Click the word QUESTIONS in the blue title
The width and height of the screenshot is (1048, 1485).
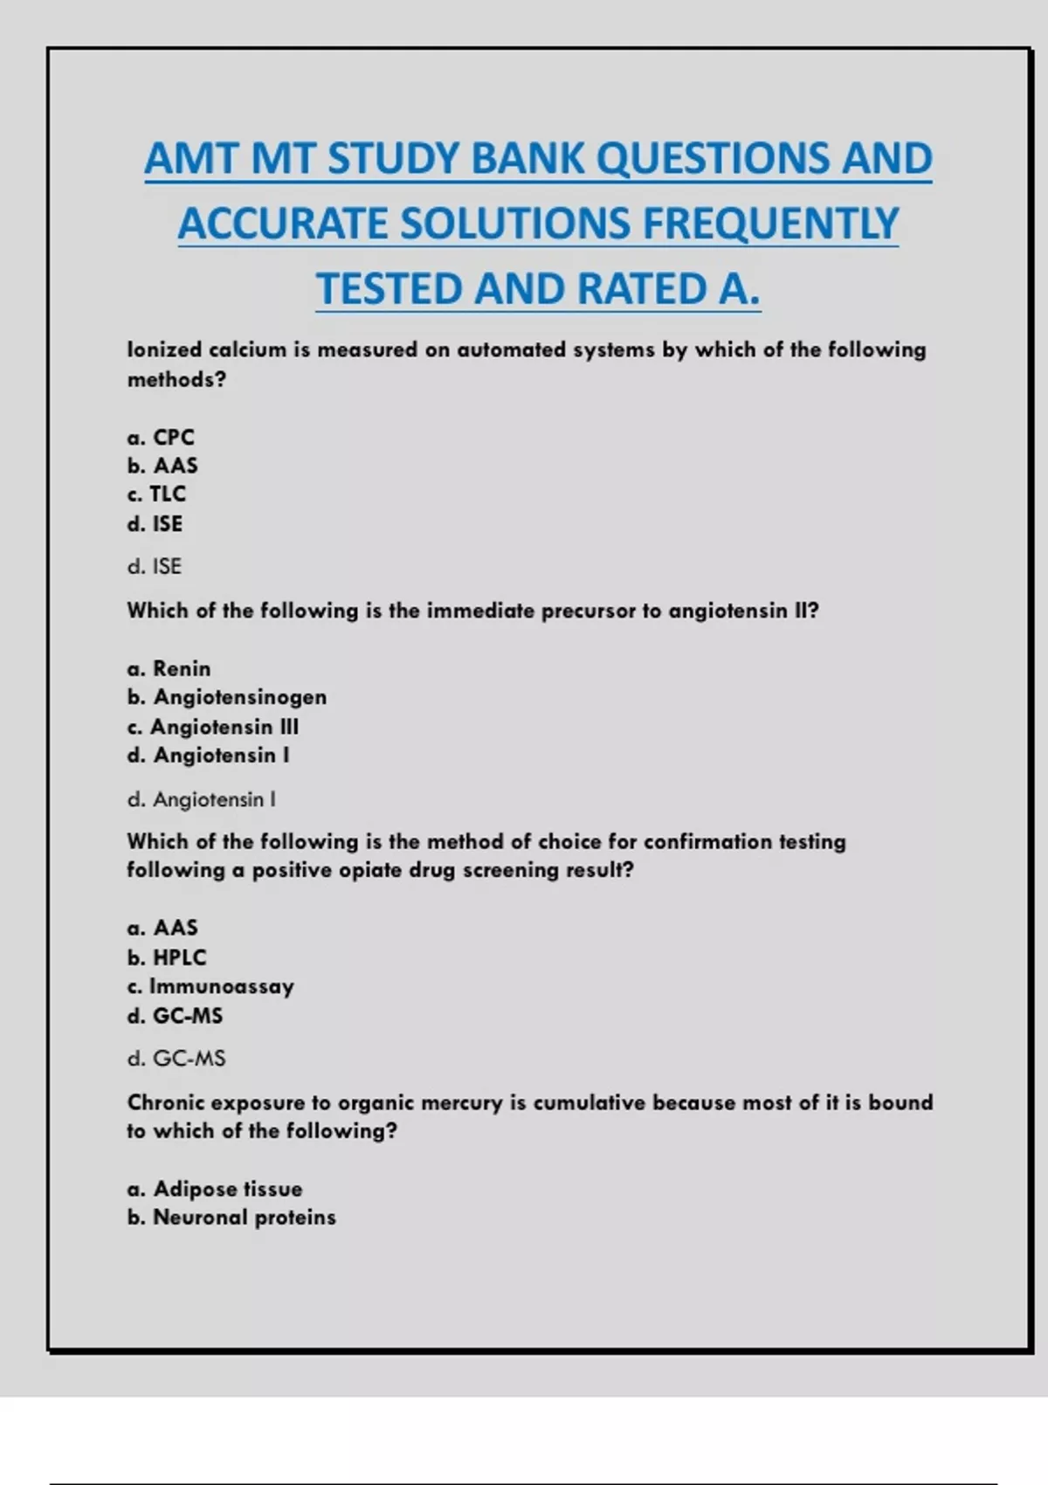tap(712, 159)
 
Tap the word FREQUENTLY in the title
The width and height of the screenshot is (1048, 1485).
tap(770, 224)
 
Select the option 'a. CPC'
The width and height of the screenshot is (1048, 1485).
tap(161, 437)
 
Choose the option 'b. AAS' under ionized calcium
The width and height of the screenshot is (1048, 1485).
tap(162, 466)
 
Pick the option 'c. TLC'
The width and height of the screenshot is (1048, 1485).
tap(156, 494)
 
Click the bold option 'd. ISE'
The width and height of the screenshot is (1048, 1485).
tap(155, 524)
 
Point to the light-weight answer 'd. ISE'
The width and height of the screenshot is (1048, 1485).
tap(155, 567)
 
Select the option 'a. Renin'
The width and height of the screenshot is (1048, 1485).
tap(169, 668)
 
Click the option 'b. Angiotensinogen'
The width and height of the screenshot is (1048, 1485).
tap(227, 697)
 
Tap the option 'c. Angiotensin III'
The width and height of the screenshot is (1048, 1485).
tap(213, 727)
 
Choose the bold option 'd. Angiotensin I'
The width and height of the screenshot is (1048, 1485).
tap(208, 756)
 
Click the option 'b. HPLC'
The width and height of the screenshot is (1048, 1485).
tap(167, 957)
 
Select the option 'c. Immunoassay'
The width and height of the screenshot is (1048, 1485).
tap(210, 986)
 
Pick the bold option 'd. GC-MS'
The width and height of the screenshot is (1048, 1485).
tap(175, 1016)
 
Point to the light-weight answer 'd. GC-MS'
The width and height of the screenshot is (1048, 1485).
tap(176, 1059)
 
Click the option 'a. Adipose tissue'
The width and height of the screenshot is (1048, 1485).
tap(215, 1189)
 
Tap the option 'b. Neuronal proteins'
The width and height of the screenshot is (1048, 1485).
tap(231, 1218)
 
